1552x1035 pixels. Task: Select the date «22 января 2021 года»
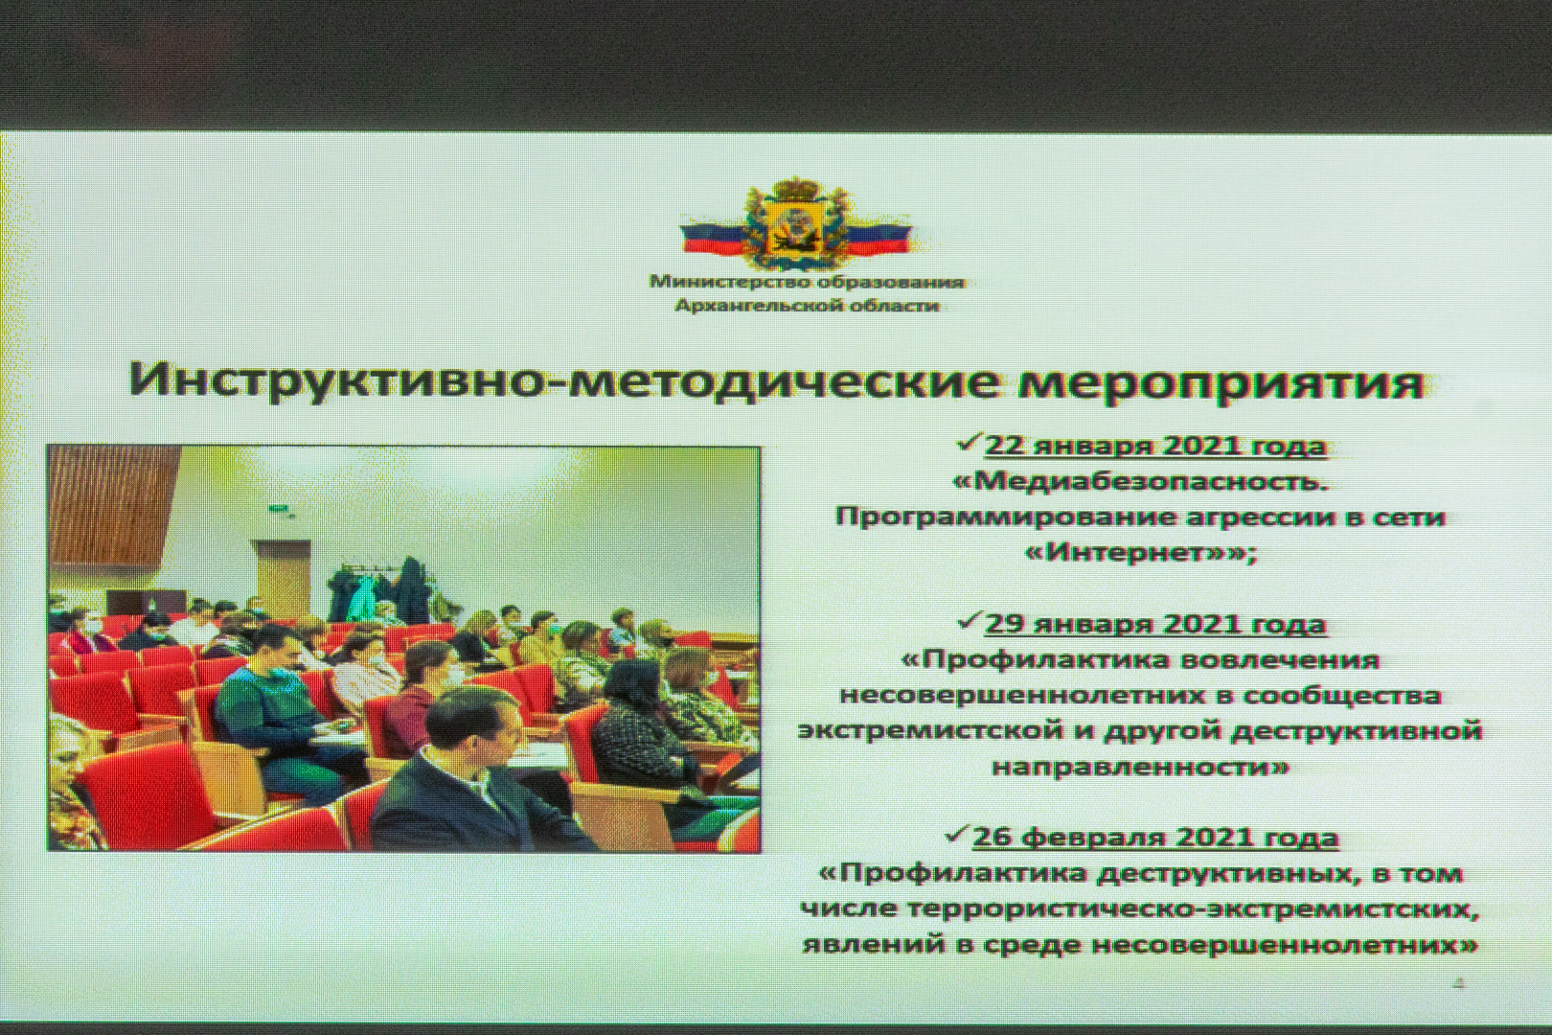(x=1155, y=446)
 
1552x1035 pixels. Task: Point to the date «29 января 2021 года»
(x=1155, y=624)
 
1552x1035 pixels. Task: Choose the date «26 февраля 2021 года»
(x=1155, y=839)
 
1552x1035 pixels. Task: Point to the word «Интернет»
(x=1130, y=553)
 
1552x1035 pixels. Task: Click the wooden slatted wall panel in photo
(x=111, y=502)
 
